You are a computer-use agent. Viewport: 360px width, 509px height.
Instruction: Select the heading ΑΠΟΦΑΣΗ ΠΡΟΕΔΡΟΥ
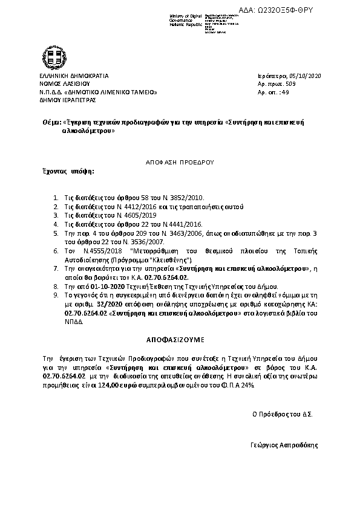pyautogui.click(x=180, y=163)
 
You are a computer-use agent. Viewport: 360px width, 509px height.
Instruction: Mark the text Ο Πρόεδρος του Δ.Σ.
pyautogui.click(x=283, y=415)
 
